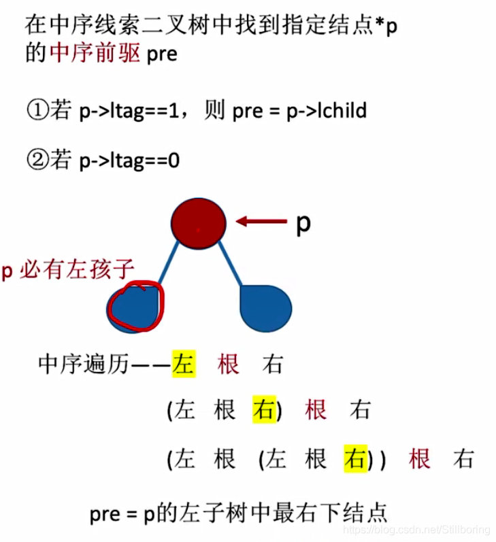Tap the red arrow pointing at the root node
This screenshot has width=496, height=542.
pos(261,220)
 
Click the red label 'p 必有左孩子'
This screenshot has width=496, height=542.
pos(67,270)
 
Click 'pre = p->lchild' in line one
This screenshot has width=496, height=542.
pos(299,110)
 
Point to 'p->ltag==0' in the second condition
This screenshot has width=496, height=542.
pos(129,161)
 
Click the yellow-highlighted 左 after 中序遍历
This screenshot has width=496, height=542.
pos(184,365)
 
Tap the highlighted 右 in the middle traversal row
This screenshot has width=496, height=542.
pos(263,409)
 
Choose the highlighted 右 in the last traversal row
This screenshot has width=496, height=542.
pos(354,458)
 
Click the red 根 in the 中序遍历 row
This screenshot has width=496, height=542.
pos(229,365)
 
